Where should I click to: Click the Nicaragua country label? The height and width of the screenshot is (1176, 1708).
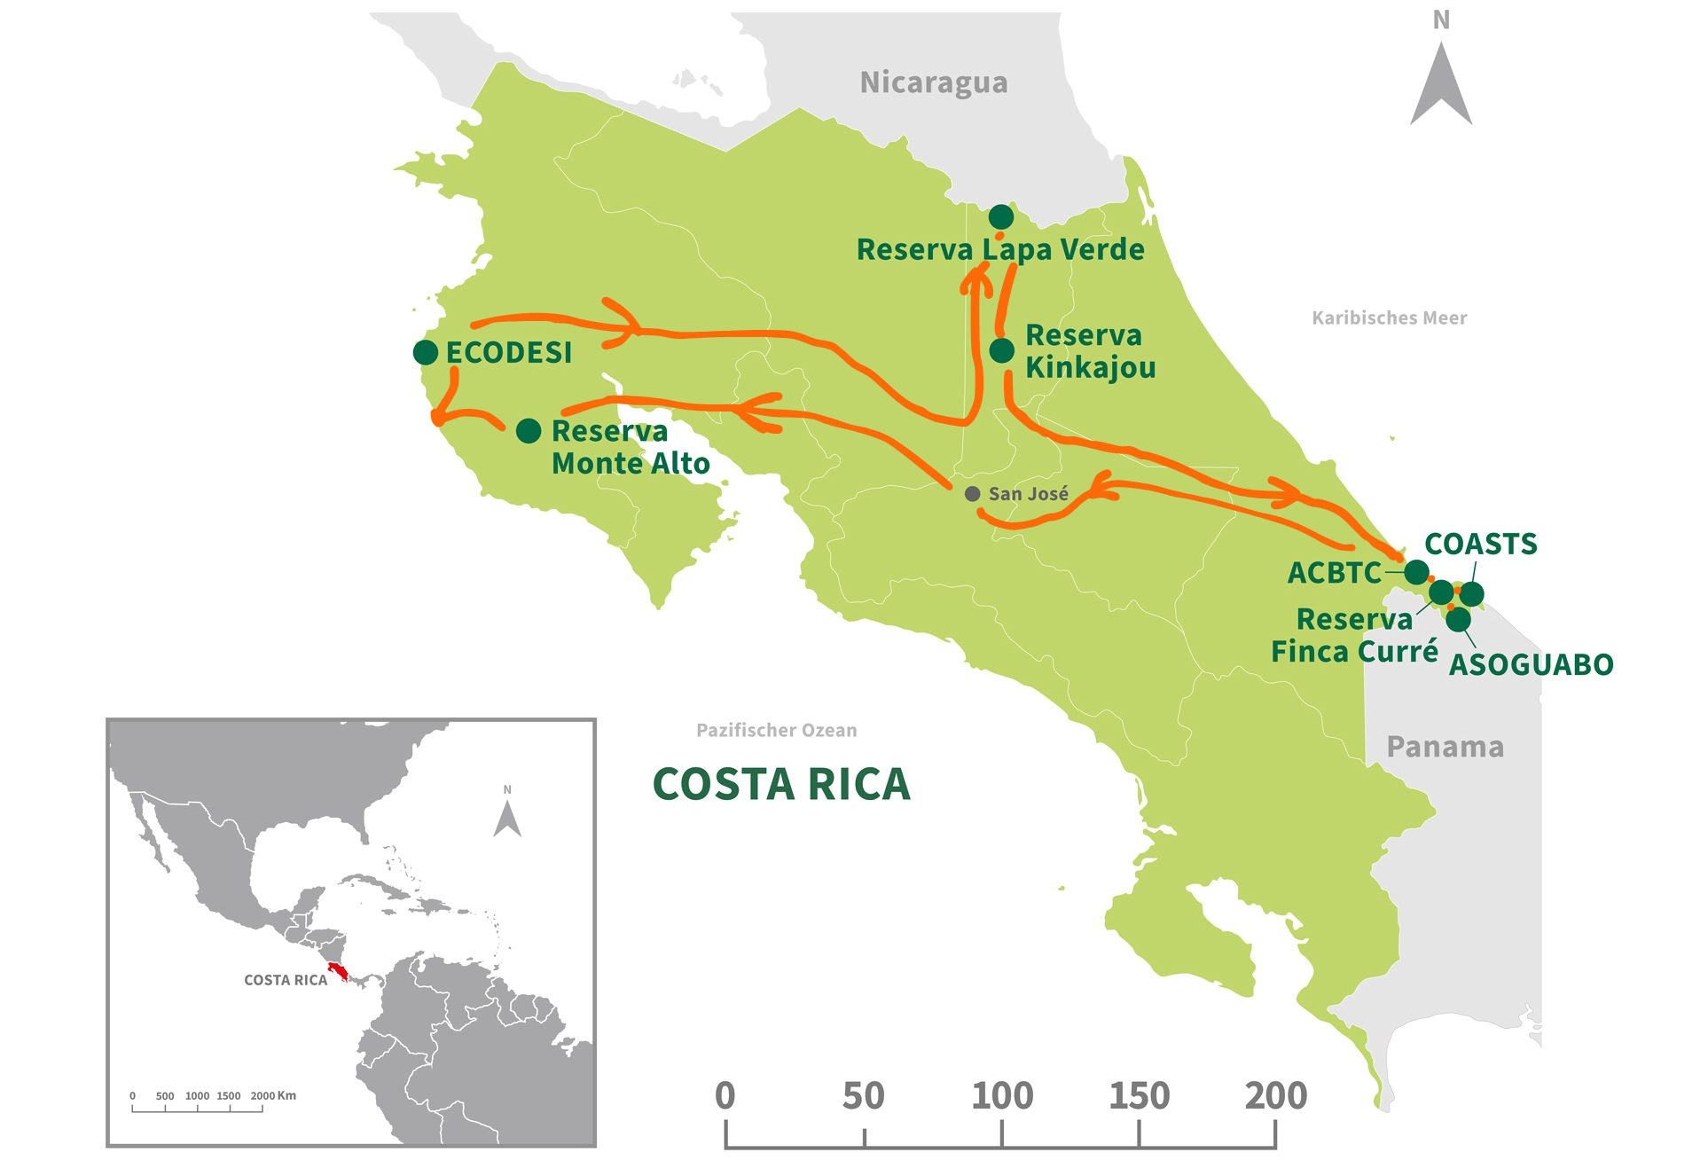click(x=933, y=82)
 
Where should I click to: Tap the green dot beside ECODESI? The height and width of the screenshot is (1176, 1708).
click(x=426, y=352)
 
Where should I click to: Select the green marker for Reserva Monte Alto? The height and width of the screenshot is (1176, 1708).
click(x=529, y=431)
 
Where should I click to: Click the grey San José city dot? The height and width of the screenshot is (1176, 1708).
click(x=972, y=494)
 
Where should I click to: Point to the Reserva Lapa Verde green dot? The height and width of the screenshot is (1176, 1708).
click(x=1000, y=216)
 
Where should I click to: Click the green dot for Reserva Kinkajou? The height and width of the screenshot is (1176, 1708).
click(x=1001, y=350)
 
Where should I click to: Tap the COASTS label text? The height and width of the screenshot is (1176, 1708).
click(x=1480, y=544)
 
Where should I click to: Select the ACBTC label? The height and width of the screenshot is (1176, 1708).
click(x=1334, y=573)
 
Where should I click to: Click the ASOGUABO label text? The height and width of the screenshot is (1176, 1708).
click(x=1531, y=664)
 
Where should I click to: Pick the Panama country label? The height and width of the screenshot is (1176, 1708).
click(x=1445, y=747)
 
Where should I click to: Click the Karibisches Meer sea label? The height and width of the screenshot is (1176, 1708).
click(x=1389, y=318)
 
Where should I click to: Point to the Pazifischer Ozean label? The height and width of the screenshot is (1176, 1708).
click(x=776, y=730)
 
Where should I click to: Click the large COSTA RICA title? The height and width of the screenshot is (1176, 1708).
click(x=781, y=784)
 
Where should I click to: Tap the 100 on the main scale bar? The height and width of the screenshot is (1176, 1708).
click(x=1002, y=1096)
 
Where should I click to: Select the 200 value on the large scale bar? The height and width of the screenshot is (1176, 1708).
click(x=1275, y=1096)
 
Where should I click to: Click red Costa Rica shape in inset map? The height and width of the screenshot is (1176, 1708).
click(x=338, y=972)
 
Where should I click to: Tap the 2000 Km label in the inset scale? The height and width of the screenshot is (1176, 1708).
click(x=272, y=1095)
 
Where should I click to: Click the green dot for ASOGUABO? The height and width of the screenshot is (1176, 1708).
click(x=1458, y=619)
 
